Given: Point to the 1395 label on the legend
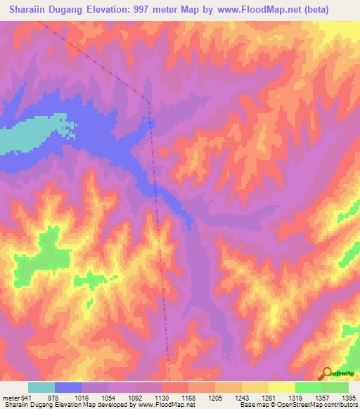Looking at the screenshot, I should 347,398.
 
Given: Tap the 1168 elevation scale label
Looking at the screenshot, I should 188,398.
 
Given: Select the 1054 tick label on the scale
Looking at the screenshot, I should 108,398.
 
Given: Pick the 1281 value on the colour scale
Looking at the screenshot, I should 268,398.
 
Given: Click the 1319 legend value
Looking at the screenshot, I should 295,398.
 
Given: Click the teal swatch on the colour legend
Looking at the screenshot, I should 41,387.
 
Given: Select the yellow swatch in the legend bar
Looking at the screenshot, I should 281,387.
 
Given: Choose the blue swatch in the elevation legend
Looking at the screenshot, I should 68,387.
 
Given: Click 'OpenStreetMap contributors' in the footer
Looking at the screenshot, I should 316,405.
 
